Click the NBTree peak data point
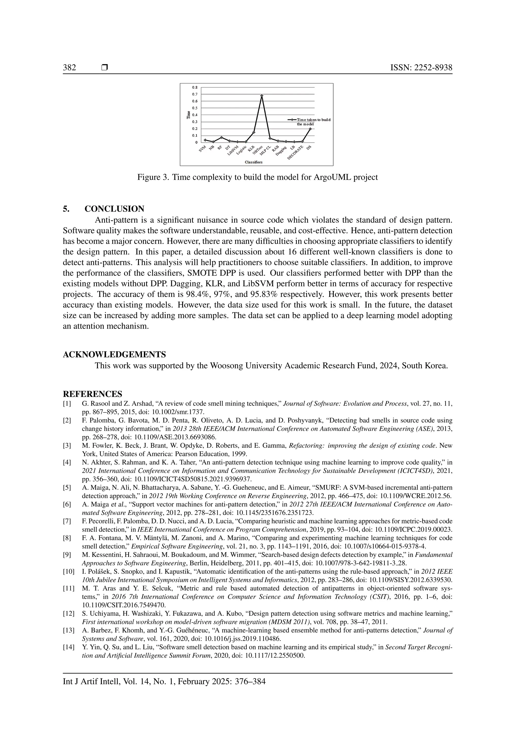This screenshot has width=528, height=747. point(262,95)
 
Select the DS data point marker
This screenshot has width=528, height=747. point(310,128)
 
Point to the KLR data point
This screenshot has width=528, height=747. point(254,132)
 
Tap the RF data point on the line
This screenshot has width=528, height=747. point(221,137)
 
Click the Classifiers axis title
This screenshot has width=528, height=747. point(254,162)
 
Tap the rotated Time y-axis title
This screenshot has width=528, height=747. point(188,115)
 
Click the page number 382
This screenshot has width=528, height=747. point(69,68)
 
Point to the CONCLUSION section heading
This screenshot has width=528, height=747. point(114,209)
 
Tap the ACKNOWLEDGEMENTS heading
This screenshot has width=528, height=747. point(114,354)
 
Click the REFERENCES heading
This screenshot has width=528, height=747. point(92,394)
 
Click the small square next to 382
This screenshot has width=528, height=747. point(104,68)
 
